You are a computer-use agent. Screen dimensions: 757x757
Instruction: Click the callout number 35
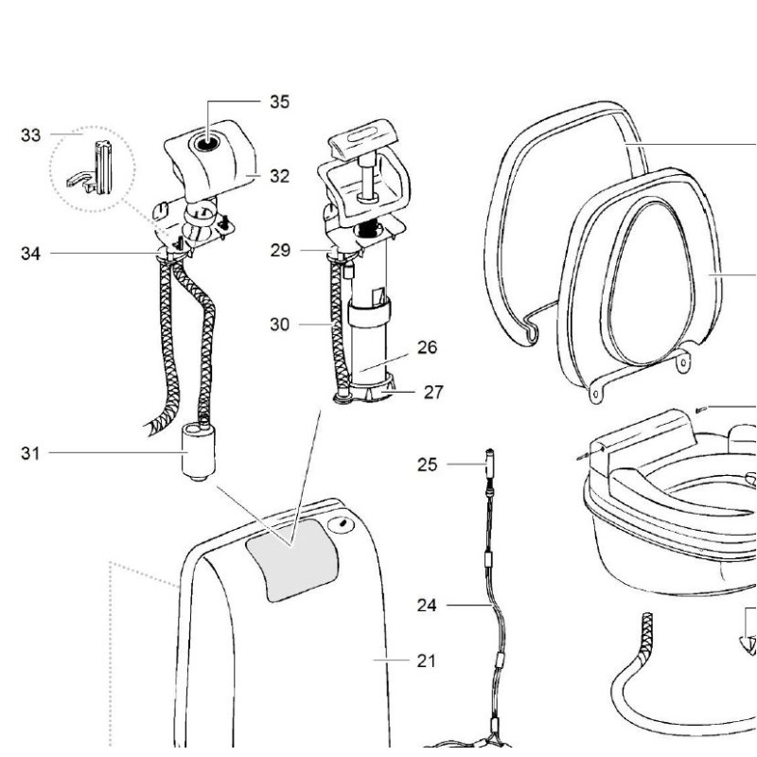pos(279,101)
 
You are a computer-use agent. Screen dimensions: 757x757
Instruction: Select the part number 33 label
pos(31,135)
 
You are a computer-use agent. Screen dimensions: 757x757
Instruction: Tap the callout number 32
pos(278,176)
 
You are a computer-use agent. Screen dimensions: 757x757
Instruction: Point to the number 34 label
pos(31,253)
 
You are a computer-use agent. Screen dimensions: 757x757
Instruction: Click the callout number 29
pos(280,251)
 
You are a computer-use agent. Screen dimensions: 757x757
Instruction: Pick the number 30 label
pos(279,324)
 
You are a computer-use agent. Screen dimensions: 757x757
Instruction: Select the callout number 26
pos(427,347)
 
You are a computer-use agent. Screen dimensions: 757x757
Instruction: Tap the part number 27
pos(433,391)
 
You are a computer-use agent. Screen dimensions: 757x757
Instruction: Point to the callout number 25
pos(428,464)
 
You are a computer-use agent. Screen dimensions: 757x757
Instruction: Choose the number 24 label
pos(428,603)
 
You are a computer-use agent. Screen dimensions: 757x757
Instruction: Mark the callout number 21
pos(427,660)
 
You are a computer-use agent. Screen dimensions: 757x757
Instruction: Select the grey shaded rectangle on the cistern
pos(292,564)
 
